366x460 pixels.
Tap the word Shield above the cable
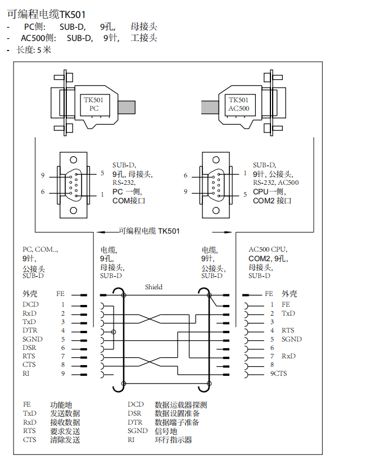pos(153,287)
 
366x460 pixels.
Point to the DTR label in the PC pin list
pos(30,330)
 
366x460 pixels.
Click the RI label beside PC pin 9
pos(26,373)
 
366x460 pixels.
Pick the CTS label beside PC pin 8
pos(29,365)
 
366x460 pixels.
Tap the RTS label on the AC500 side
pos(288,330)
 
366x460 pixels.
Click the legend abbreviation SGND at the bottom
pos(137,431)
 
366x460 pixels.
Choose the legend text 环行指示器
pos(173,440)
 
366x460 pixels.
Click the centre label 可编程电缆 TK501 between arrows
pos(149,230)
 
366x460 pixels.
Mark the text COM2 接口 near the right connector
pos(272,201)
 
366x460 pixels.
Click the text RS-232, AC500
pos(275,183)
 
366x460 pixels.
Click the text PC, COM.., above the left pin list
pos(40,249)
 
